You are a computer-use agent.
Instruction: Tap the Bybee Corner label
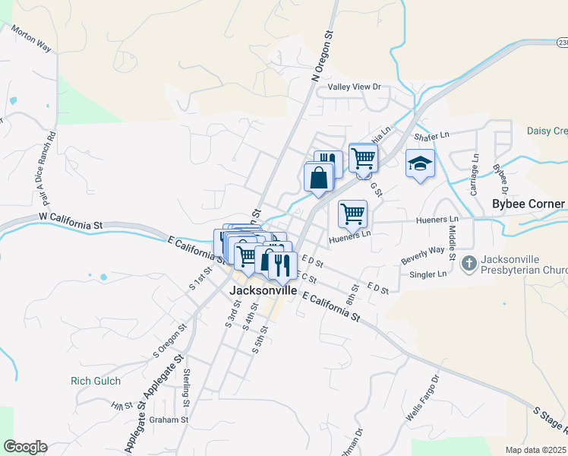point(529,204)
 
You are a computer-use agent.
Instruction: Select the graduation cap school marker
point(420,163)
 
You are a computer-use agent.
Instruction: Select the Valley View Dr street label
point(354,87)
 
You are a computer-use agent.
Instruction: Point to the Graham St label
point(169,420)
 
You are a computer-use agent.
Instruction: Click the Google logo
point(25,447)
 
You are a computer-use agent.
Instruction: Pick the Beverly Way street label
point(423,255)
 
